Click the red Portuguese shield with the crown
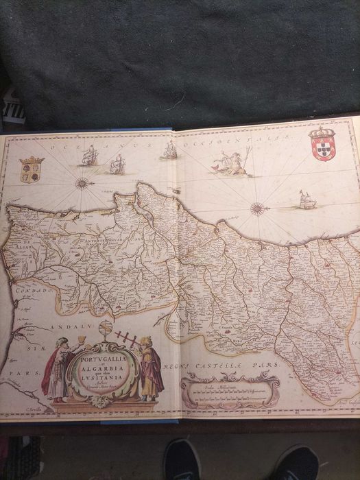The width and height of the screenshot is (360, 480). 323,143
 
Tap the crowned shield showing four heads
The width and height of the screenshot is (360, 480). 32,169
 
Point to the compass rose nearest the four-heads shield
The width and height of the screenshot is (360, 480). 82,183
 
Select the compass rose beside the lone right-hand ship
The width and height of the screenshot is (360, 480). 258,208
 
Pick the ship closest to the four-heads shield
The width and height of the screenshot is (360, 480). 89,156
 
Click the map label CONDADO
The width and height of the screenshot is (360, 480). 21,290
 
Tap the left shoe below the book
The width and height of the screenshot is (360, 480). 182,459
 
